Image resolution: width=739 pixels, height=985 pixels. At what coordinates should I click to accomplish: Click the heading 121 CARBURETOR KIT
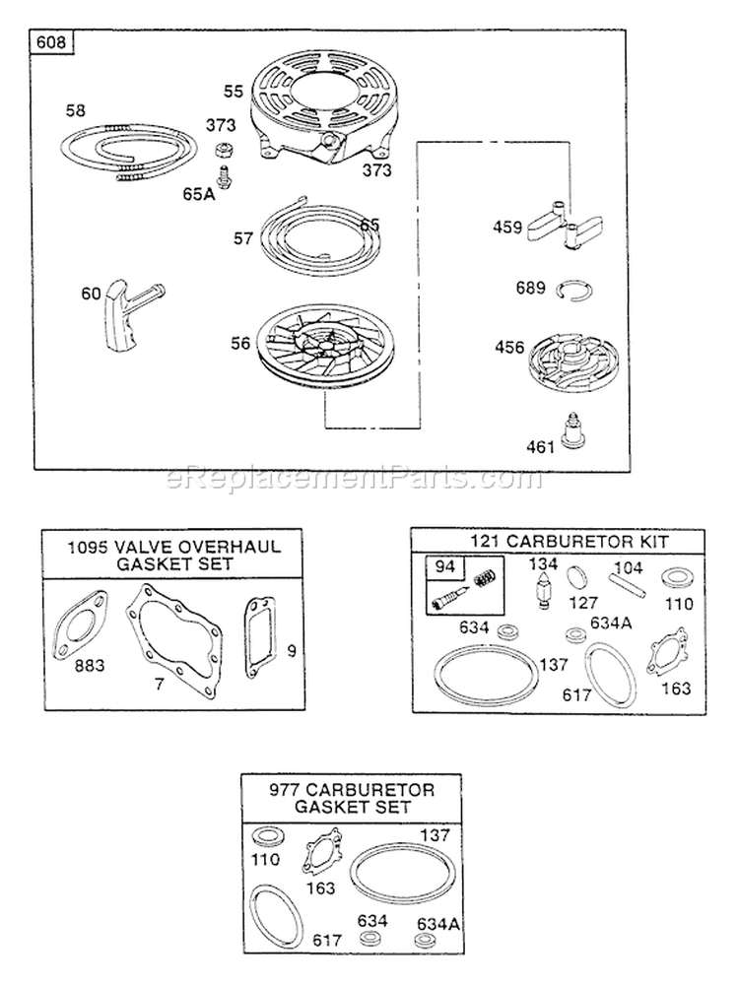pos(558,542)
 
